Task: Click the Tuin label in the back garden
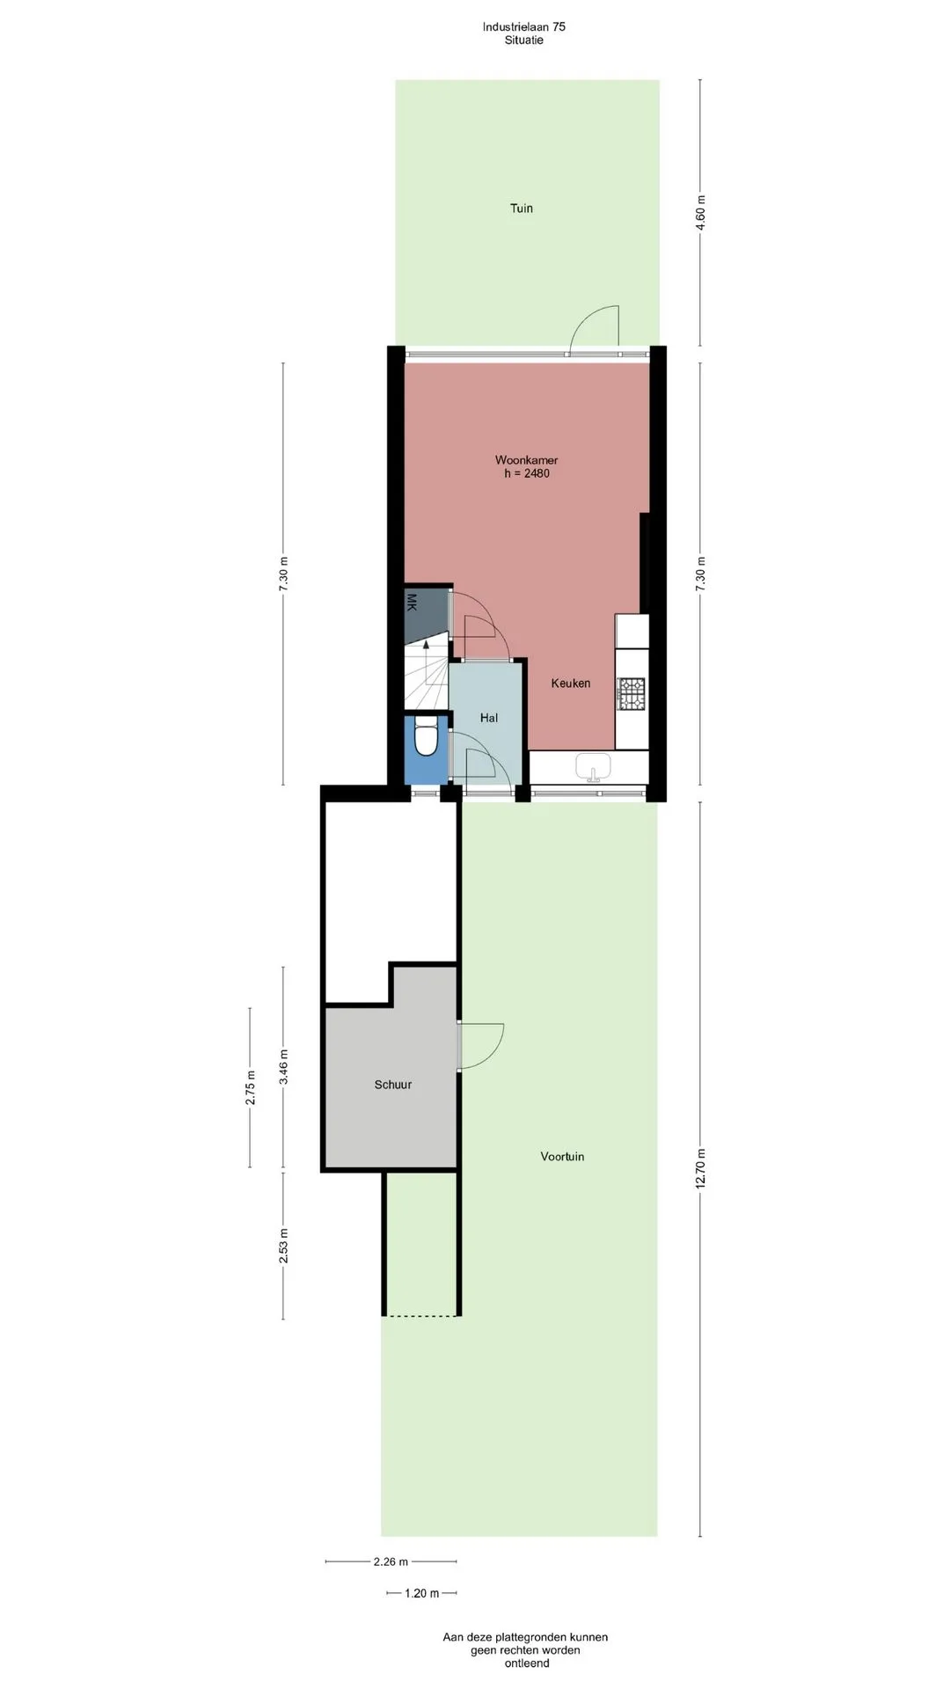tap(522, 208)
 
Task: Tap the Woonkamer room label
tap(526, 460)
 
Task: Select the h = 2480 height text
tap(527, 473)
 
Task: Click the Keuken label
tap(571, 684)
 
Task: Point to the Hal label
tap(489, 718)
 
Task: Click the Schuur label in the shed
tap(393, 1085)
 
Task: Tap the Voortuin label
tap(562, 1157)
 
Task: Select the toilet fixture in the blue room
tap(426, 737)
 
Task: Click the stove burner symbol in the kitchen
tap(632, 694)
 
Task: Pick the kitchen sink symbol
tap(596, 767)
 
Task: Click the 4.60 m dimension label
tap(701, 213)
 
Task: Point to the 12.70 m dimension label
tap(701, 1169)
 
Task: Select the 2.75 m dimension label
tap(251, 1087)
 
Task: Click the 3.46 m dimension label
tap(283, 1068)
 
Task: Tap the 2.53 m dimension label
tap(283, 1246)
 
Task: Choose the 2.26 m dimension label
tap(391, 1562)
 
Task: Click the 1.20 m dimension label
tap(422, 1593)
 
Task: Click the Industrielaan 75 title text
tap(524, 26)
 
